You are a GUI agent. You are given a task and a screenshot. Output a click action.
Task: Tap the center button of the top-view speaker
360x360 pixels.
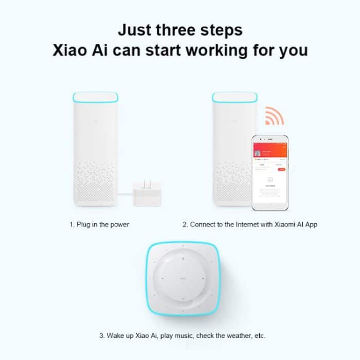coord(184,278)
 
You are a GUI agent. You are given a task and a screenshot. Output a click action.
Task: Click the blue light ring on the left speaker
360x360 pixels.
coord(96,98)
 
